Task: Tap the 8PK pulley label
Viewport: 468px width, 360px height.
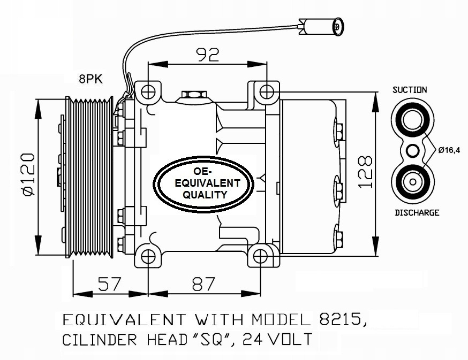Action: coord(91,79)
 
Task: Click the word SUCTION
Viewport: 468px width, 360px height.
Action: coord(410,90)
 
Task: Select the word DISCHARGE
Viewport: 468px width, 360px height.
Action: coord(417,212)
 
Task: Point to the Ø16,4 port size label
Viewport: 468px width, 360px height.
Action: coord(449,150)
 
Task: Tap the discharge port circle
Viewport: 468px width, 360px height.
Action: coord(413,182)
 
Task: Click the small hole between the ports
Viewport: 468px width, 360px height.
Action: coord(413,151)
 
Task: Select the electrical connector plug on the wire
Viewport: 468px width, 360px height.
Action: coord(322,25)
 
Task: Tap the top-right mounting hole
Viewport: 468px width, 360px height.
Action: coord(265,91)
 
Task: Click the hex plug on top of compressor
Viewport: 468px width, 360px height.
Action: coord(194,96)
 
